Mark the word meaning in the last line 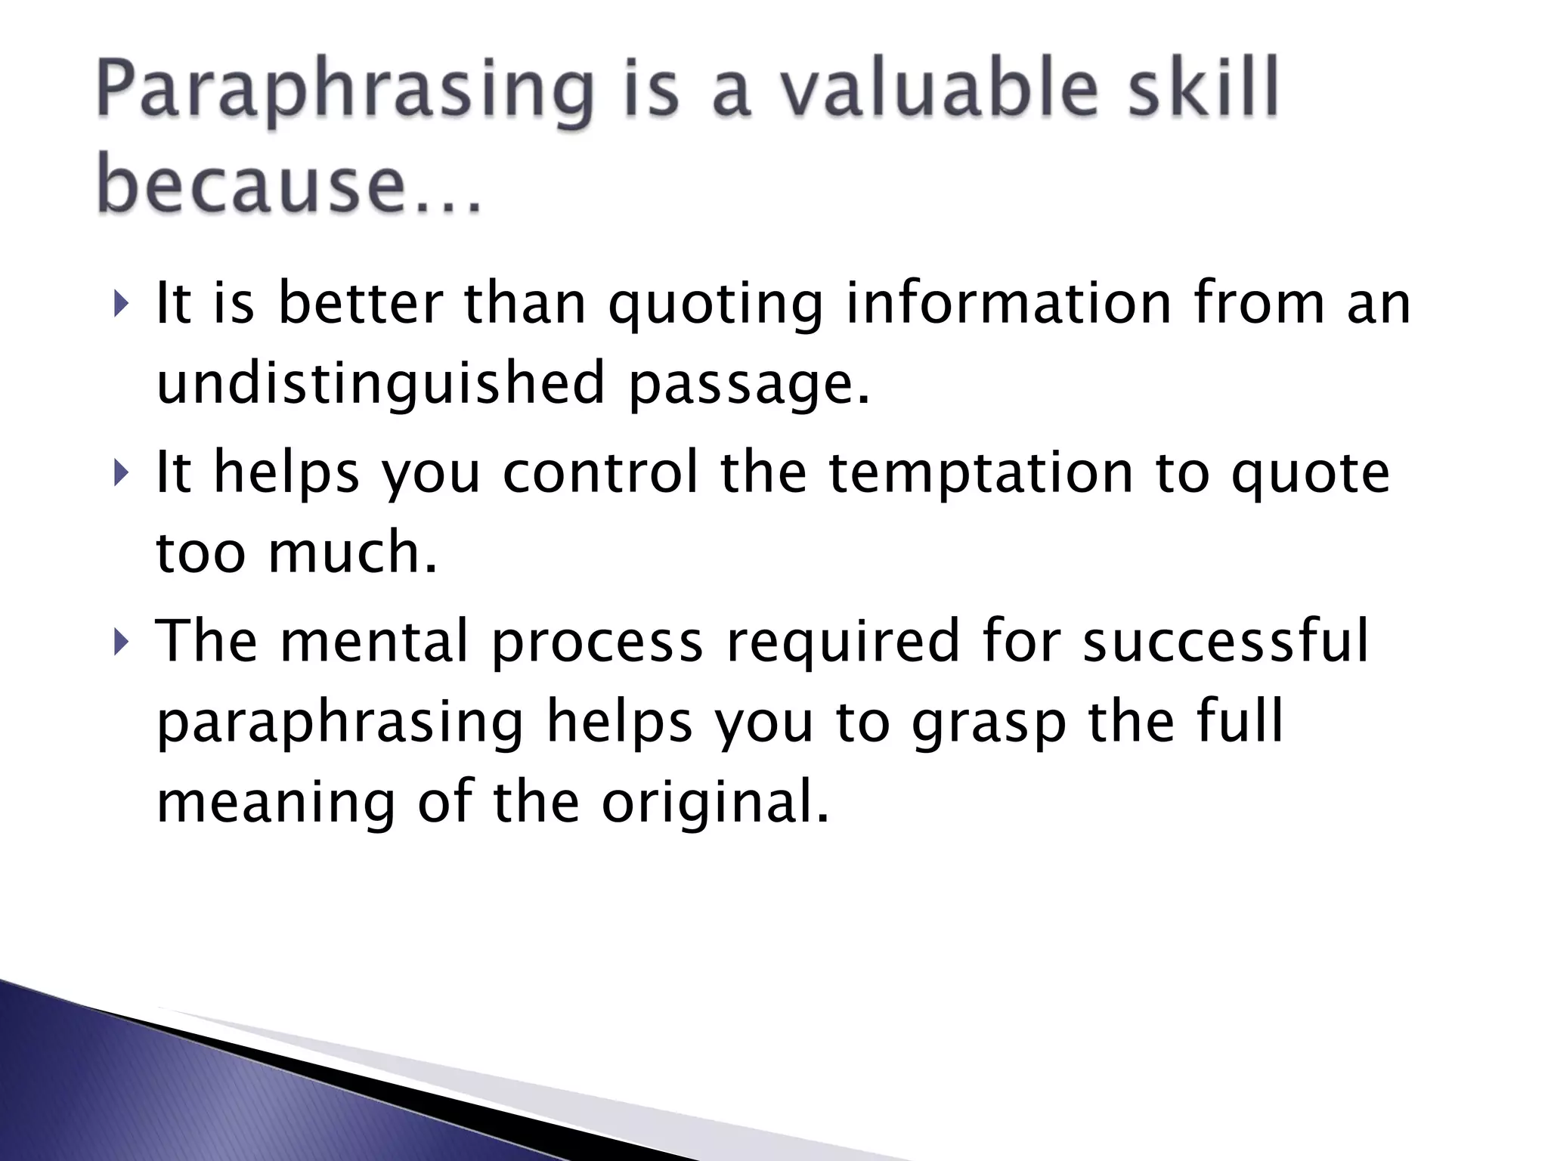pos(276,803)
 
